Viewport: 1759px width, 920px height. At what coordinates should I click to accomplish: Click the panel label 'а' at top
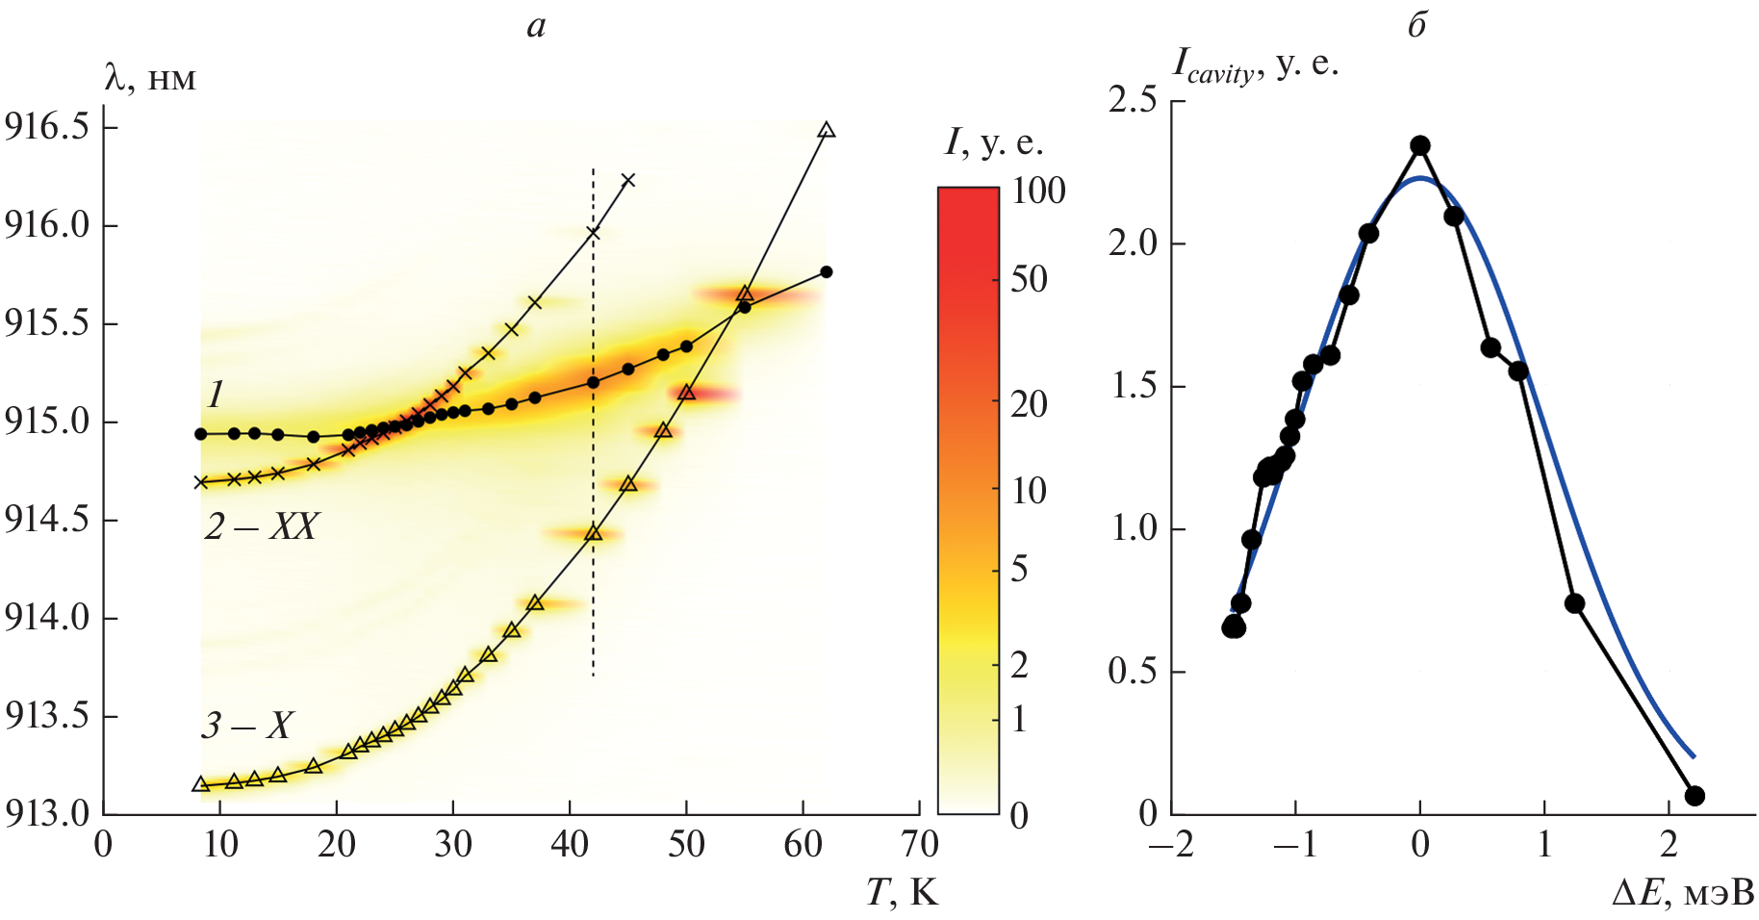[x=536, y=27]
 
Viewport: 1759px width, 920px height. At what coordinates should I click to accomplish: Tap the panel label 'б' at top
[x=1416, y=26]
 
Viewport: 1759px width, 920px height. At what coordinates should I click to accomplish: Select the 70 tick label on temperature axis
[x=919, y=845]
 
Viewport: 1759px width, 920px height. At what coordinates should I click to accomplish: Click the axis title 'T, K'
[x=902, y=893]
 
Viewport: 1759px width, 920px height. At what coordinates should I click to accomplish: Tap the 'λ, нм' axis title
[x=149, y=77]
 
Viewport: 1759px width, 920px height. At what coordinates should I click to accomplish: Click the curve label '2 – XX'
[x=261, y=526]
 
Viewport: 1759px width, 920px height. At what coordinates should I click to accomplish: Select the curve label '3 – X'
[x=246, y=725]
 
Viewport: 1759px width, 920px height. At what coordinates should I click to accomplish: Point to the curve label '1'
[x=216, y=394]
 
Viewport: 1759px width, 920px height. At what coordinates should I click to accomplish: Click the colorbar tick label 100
[x=1038, y=192]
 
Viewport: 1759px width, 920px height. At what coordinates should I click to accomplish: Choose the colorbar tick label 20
[x=1029, y=404]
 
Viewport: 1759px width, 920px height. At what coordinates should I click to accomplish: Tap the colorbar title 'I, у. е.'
[x=994, y=143]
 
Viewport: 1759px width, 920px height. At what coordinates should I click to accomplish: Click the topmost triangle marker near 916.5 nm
[x=826, y=131]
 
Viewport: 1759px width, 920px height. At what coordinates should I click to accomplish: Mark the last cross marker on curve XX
[x=628, y=180]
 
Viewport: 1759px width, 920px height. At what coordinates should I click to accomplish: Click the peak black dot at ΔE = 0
[x=1419, y=146]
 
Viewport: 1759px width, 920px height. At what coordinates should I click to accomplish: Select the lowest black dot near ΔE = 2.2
[x=1695, y=796]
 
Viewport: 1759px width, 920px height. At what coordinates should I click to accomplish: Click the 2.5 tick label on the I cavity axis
[x=1133, y=100]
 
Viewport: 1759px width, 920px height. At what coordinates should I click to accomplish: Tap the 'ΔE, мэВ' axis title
[x=1683, y=893]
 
